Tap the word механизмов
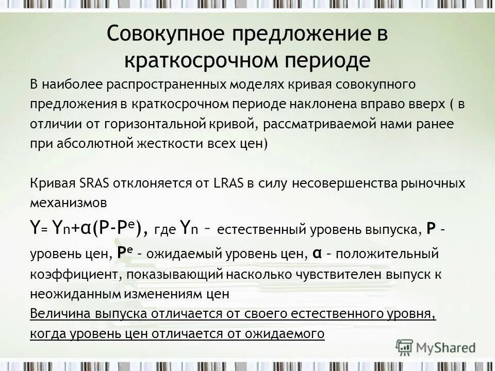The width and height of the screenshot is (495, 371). pos(69,203)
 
